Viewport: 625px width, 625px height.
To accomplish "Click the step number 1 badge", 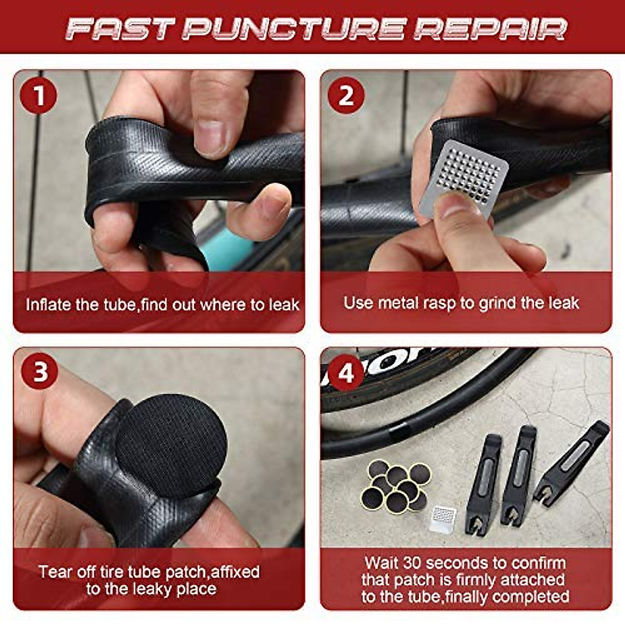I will (39, 96).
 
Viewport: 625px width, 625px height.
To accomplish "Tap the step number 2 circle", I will (346, 96).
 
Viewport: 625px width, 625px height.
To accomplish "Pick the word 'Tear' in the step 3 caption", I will (54, 572).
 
